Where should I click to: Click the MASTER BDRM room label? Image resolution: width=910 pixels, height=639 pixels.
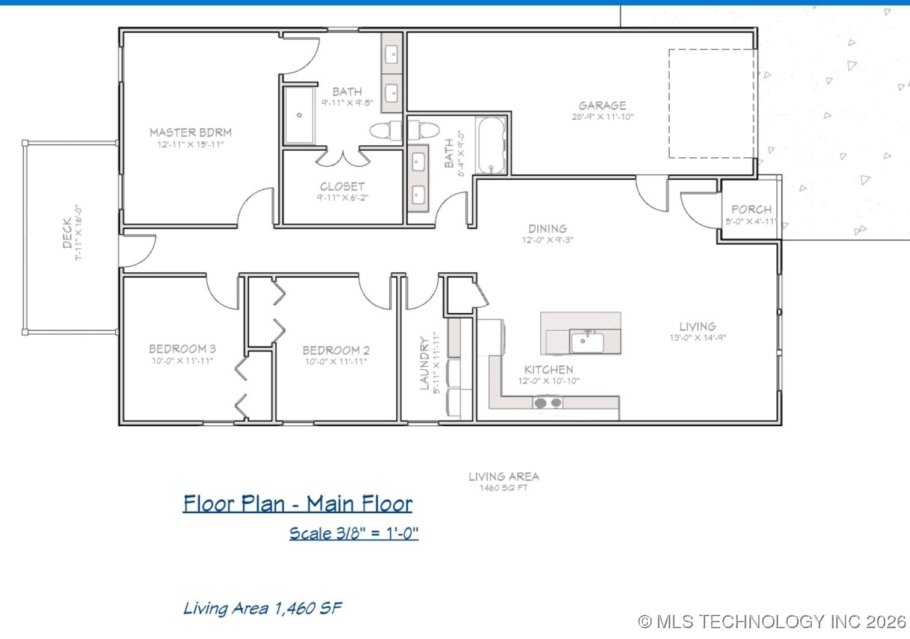[190, 132]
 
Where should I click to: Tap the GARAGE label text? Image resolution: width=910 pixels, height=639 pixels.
[602, 105]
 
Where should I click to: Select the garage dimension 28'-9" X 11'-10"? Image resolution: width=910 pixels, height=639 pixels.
[602, 117]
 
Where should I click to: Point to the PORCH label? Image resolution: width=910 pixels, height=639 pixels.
[751, 210]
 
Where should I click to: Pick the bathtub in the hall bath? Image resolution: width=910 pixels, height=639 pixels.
[491, 146]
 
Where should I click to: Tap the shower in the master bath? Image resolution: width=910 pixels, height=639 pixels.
[299, 115]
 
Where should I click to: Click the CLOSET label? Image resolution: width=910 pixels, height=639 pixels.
[342, 187]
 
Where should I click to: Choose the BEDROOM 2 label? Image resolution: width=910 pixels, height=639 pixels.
[335, 351]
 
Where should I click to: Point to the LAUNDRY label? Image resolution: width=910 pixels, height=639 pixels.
[425, 363]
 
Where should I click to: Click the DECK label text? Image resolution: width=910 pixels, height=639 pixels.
[67, 233]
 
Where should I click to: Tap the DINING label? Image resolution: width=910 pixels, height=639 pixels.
[547, 229]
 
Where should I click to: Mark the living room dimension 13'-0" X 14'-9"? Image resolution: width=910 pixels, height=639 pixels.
[697, 338]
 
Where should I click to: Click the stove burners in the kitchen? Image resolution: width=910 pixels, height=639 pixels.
[548, 402]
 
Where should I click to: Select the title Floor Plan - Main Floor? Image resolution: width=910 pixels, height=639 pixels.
[298, 503]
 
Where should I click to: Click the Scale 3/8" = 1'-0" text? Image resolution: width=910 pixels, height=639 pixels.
[354, 534]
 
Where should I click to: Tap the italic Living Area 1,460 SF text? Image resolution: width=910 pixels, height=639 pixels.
[263, 608]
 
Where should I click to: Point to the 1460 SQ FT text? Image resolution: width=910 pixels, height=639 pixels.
[503, 488]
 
